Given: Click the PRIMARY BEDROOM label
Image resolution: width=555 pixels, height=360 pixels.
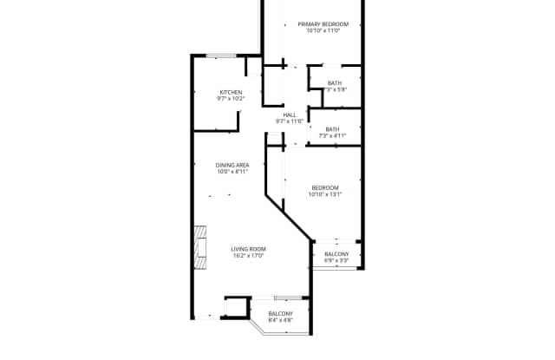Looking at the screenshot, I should coord(323,24).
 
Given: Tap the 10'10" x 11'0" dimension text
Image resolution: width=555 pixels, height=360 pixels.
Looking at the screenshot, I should coord(323,31).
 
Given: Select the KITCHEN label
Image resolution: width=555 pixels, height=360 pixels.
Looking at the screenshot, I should coord(230,92).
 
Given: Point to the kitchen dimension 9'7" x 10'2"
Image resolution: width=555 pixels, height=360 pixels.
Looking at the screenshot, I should coord(230,99).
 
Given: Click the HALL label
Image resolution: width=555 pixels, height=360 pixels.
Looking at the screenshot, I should coord(290,115).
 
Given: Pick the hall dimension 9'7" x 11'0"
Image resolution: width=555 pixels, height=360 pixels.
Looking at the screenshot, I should coord(290,121).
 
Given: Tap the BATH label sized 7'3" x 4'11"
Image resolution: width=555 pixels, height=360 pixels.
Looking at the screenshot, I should coord(332,129).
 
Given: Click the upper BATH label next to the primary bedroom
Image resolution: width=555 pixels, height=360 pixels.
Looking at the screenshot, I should coord(334,83).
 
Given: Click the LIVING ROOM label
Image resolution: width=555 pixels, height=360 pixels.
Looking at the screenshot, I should coord(248,249).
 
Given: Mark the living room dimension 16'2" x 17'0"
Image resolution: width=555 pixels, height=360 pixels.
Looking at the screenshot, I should coord(248,256).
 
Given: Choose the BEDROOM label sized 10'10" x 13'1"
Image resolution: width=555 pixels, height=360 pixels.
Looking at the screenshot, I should coord(325,187).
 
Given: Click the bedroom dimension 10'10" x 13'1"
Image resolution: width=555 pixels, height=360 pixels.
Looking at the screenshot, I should coord(325,194).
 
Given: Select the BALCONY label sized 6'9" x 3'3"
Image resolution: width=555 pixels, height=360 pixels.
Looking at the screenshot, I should coord(336,253).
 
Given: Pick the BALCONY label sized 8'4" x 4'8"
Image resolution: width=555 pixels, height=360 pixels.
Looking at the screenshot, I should coord(280,313).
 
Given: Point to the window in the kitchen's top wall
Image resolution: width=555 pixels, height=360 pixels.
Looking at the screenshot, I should coord(221,56).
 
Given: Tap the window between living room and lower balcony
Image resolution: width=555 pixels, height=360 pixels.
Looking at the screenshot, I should coord(287,298).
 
